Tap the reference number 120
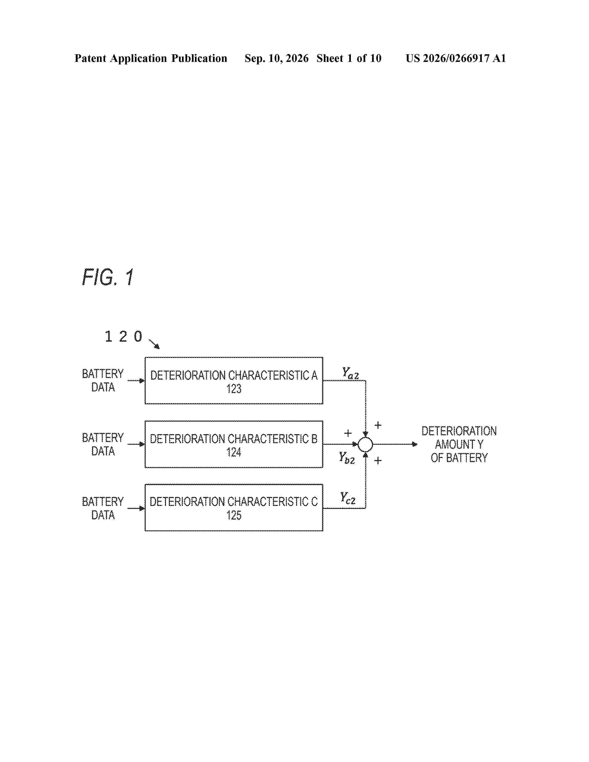pos(124,337)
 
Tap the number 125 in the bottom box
pos(234,516)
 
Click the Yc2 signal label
pos(348,498)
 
